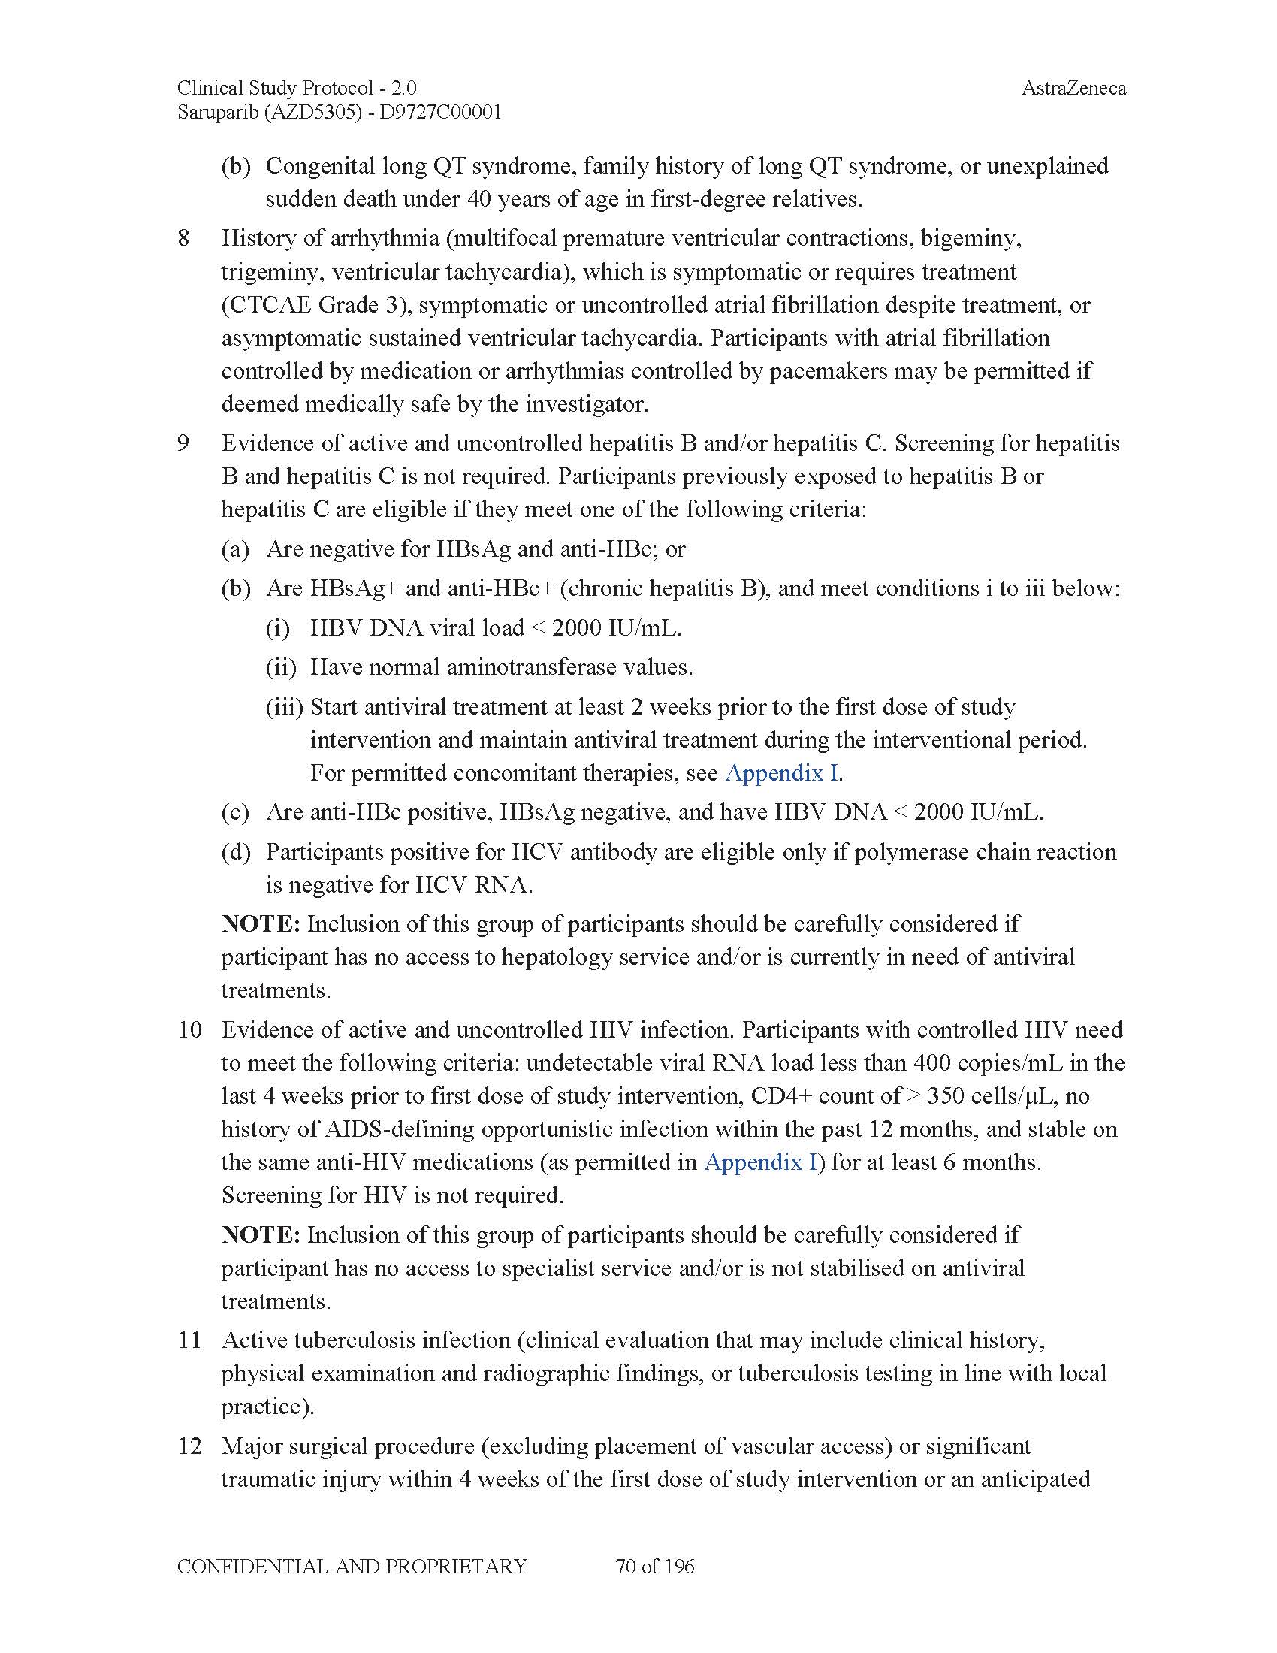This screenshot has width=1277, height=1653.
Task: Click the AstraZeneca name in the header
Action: [x=1073, y=89]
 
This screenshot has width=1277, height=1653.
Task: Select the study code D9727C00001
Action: [x=440, y=113]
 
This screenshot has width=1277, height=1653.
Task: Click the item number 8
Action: [x=184, y=238]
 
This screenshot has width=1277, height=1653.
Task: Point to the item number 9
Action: [x=184, y=443]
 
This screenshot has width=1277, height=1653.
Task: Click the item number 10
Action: [x=189, y=1029]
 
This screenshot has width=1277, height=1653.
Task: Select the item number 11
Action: [x=189, y=1340]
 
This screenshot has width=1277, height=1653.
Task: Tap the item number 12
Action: [x=189, y=1446]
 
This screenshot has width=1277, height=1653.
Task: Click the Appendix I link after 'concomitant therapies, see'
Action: [x=782, y=772]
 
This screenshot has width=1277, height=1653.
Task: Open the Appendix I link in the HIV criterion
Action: [x=761, y=1162]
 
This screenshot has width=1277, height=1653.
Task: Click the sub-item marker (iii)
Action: [x=284, y=707]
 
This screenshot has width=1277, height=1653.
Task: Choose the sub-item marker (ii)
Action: [x=281, y=667]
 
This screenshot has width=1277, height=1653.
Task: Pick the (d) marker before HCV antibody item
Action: [x=236, y=852]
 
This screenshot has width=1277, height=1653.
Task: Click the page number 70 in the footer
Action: [x=626, y=1566]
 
